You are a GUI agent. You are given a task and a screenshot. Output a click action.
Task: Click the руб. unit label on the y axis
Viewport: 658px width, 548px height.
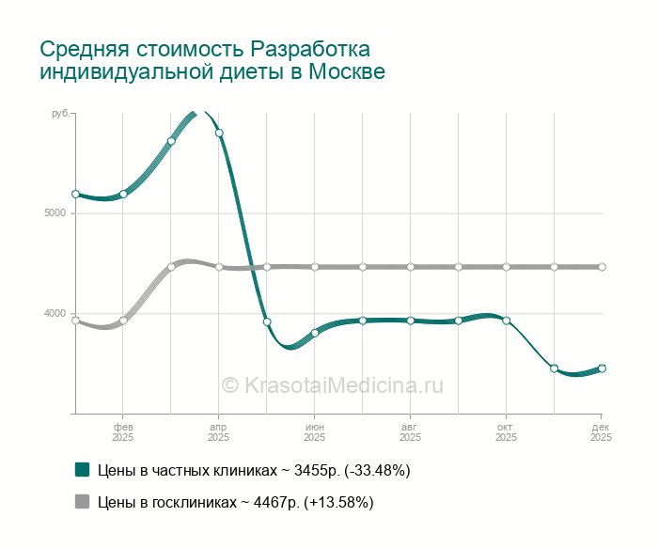61,113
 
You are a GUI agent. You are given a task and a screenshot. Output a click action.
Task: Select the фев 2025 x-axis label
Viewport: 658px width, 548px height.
123,431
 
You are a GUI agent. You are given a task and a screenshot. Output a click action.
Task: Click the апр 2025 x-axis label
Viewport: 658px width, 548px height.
219,431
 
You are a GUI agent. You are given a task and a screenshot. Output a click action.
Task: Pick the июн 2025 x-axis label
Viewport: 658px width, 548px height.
315,431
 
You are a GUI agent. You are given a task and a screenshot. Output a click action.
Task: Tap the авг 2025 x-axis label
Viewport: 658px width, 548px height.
411,431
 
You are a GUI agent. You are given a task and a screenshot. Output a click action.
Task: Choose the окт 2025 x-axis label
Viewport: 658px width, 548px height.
507,431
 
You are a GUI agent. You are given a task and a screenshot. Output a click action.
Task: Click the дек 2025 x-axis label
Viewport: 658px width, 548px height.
602,431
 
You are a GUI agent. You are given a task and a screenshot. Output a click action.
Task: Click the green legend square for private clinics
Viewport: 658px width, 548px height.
83,469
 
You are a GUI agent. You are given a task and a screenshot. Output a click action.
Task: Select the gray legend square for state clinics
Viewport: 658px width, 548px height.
83,502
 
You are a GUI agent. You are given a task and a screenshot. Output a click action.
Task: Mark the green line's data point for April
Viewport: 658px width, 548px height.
219,133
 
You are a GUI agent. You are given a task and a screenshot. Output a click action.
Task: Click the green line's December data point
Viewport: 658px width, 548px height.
602,368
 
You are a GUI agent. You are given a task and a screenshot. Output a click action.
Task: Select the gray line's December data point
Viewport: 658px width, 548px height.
602,267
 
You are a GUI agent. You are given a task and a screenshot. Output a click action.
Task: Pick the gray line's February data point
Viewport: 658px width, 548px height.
123,321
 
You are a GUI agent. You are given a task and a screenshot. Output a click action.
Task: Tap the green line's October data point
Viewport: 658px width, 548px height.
507,321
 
